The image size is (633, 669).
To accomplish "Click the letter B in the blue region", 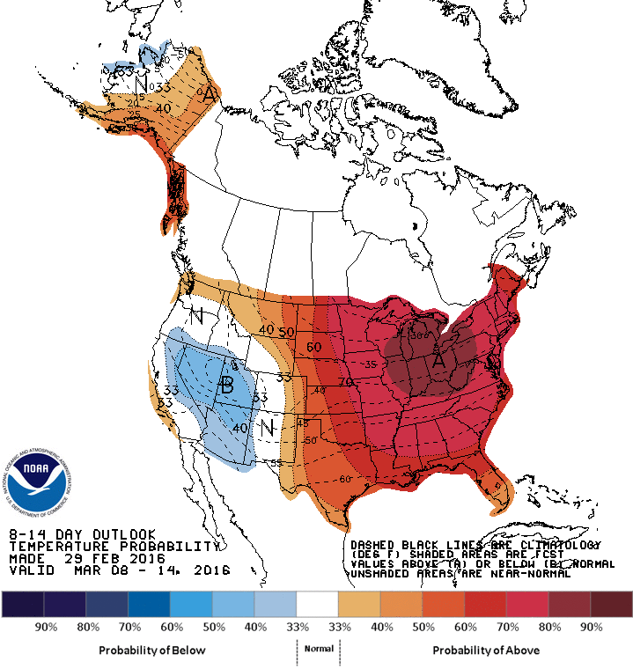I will pos(226,385).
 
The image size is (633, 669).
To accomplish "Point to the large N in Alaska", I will pos(141,84).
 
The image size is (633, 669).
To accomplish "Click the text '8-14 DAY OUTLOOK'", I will pos(83,534).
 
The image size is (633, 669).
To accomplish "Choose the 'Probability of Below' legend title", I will pos(151,650).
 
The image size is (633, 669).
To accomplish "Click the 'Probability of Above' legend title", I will pos(485,650).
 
